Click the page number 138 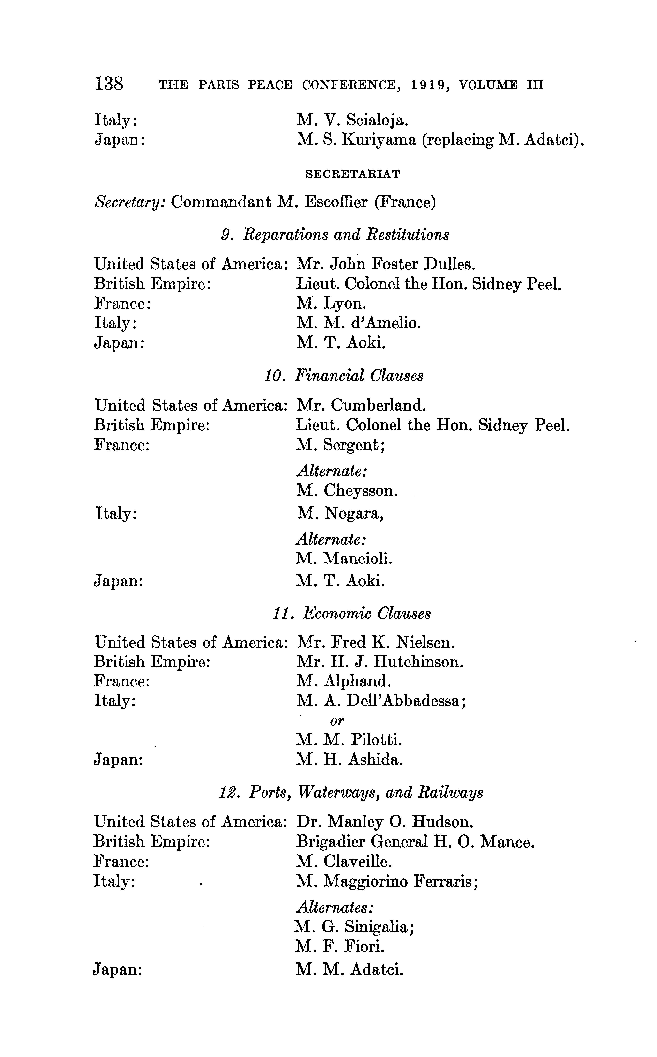109,83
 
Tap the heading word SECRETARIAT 353,174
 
